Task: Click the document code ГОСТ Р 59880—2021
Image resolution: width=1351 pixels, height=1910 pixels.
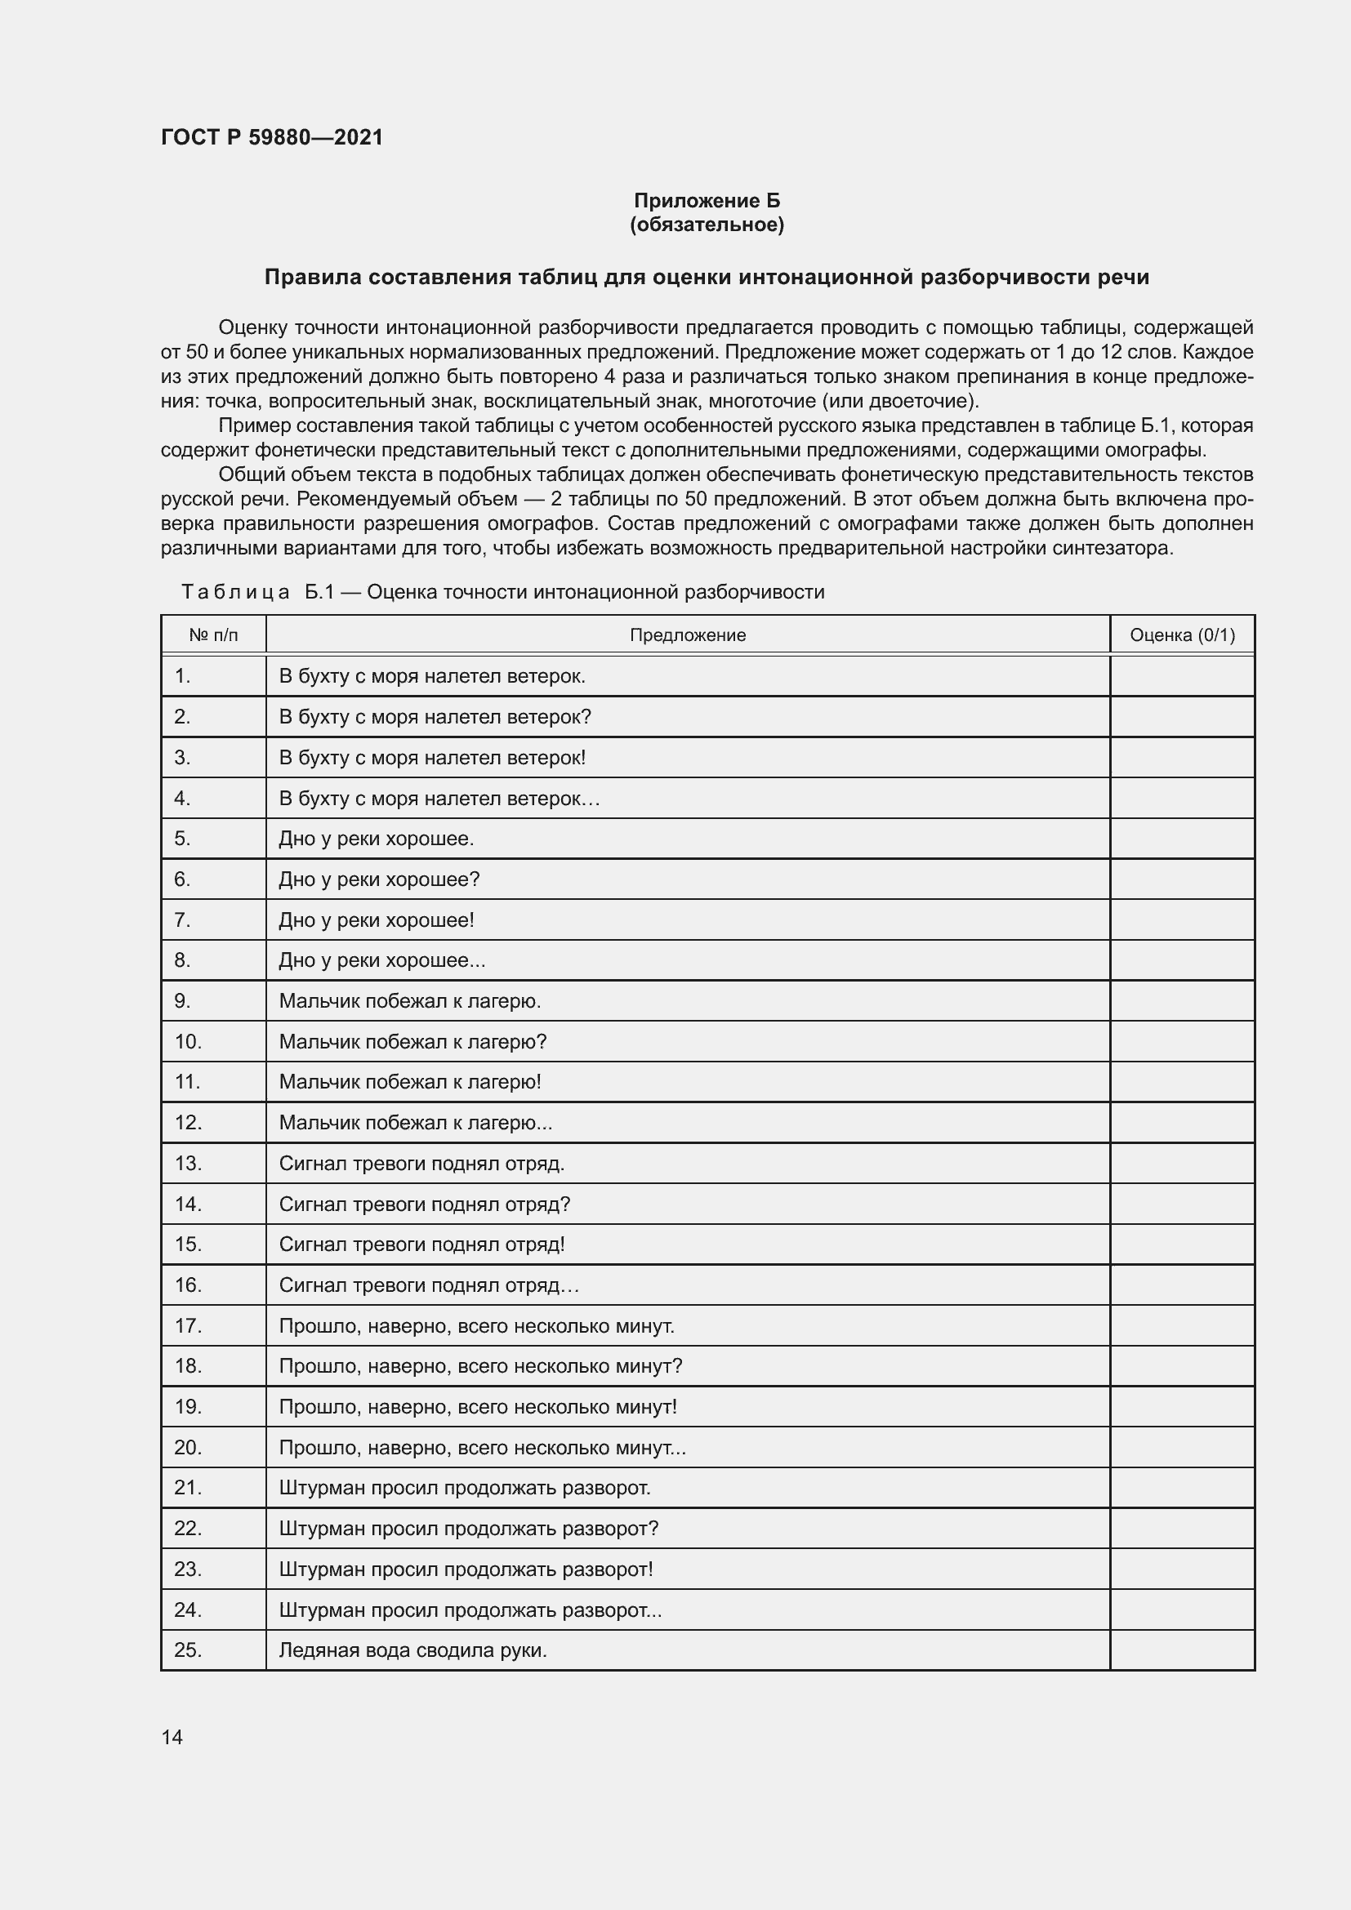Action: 272,137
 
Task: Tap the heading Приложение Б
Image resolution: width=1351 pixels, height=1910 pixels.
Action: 707,201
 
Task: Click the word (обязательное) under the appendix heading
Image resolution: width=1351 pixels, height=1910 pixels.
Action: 707,225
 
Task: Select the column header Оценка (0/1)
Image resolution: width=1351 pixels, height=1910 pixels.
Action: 1181,635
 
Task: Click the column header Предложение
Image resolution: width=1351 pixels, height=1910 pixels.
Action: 687,635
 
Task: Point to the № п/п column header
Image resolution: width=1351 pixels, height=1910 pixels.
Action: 213,635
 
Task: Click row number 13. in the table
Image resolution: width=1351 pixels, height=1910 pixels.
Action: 188,1163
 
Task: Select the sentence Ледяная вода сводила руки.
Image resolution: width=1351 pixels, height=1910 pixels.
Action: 412,1650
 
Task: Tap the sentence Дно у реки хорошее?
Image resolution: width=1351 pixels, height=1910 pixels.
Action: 379,879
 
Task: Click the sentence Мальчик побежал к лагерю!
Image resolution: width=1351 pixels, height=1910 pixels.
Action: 410,1081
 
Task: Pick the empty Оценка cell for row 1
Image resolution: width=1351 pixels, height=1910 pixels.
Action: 1181,676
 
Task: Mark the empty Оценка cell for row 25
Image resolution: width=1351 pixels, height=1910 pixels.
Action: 1181,1650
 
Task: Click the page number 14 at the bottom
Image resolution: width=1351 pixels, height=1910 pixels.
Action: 172,1737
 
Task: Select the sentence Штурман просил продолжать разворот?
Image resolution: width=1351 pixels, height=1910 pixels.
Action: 468,1528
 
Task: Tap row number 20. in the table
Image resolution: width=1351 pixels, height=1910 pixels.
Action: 188,1448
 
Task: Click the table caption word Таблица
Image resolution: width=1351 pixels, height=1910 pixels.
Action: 235,592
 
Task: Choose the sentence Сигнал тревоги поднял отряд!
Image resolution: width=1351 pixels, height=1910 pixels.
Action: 421,1244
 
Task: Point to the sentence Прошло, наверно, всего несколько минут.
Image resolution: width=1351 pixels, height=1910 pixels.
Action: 476,1326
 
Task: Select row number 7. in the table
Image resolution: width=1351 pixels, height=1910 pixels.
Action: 182,920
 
